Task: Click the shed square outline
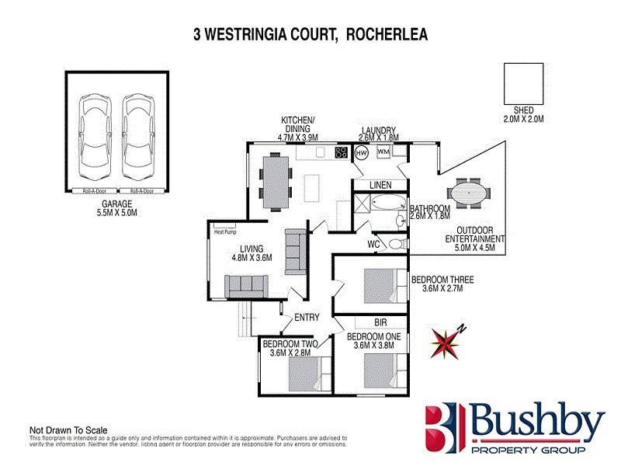(524, 84)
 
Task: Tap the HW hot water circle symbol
(361, 153)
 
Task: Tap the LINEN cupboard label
(380, 185)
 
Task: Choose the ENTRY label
(307, 318)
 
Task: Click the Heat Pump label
(225, 231)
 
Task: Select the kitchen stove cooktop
(342, 152)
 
